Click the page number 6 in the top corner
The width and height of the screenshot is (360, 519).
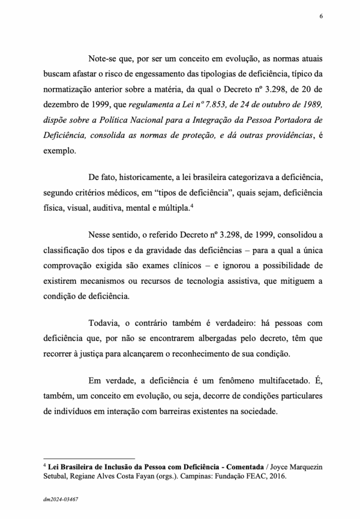coord(321,16)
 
